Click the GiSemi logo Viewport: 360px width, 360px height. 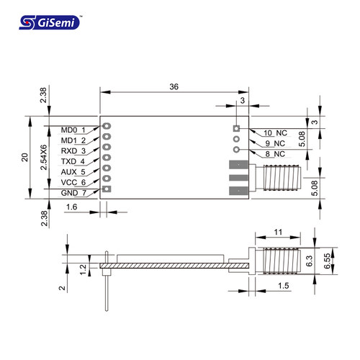point(50,22)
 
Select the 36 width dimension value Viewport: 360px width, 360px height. point(174,86)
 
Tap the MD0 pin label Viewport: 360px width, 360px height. point(69,130)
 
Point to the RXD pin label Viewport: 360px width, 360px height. point(69,151)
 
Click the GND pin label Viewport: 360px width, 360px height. point(69,193)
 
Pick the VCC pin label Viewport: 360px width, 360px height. point(69,182)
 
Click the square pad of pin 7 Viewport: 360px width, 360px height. point(107,189)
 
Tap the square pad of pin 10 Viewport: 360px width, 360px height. point(236,128)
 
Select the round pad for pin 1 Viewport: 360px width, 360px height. point(107,126)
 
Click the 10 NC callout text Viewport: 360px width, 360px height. point(275,133)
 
